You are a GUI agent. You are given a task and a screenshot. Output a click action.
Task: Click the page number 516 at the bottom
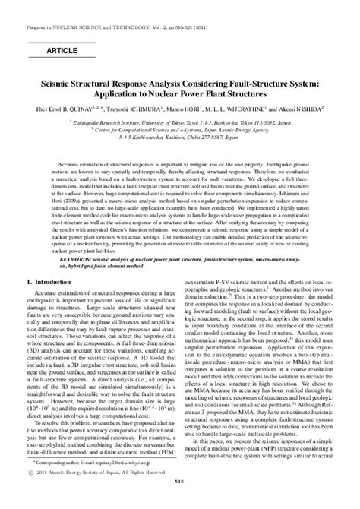[x=180, y=501]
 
